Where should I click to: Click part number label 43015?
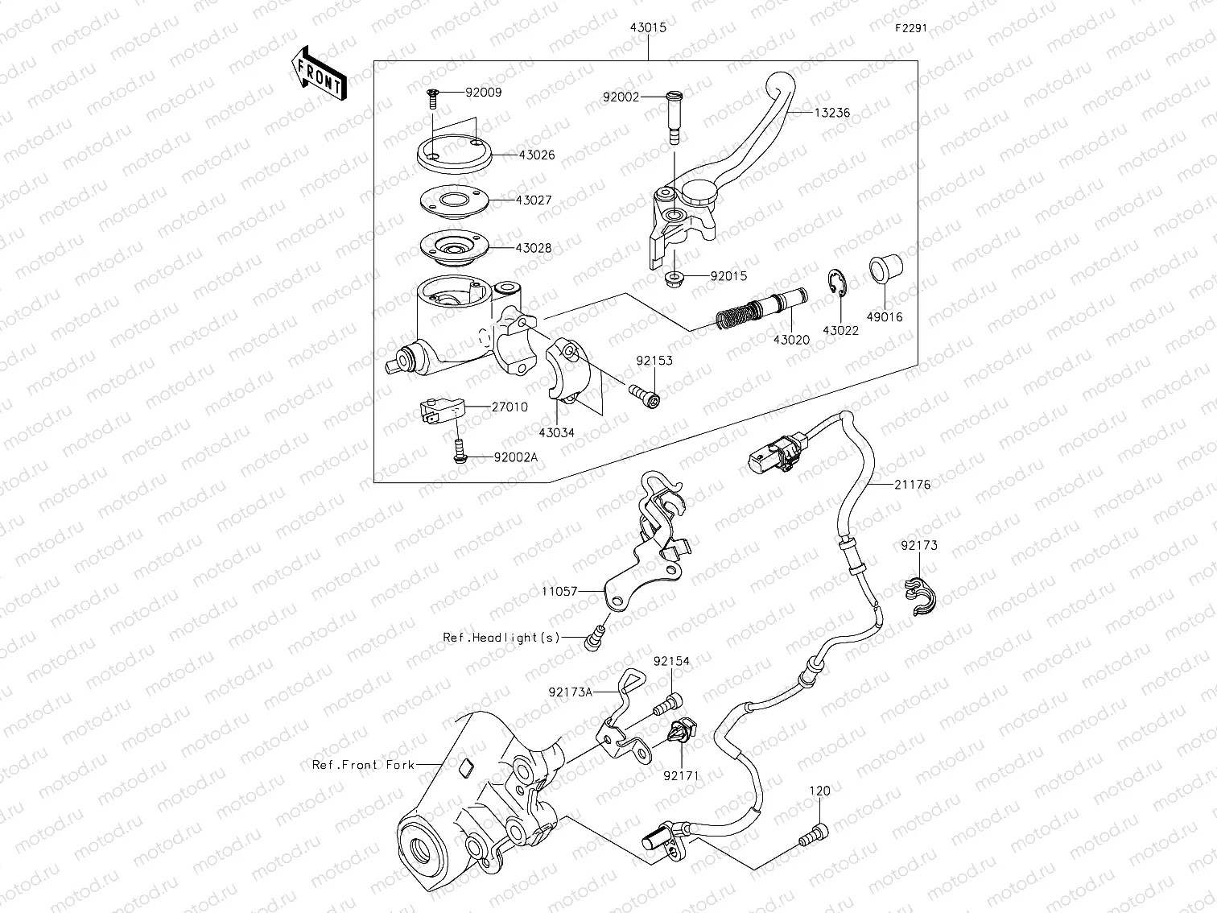[648, 27]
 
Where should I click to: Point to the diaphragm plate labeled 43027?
[455, 200]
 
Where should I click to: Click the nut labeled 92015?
[675, 279]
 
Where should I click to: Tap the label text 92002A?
[515, 457]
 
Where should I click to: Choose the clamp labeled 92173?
[922, 596]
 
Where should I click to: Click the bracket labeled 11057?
[644, 547]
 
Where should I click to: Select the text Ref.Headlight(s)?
[501, 637]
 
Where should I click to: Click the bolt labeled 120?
[812, 834]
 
